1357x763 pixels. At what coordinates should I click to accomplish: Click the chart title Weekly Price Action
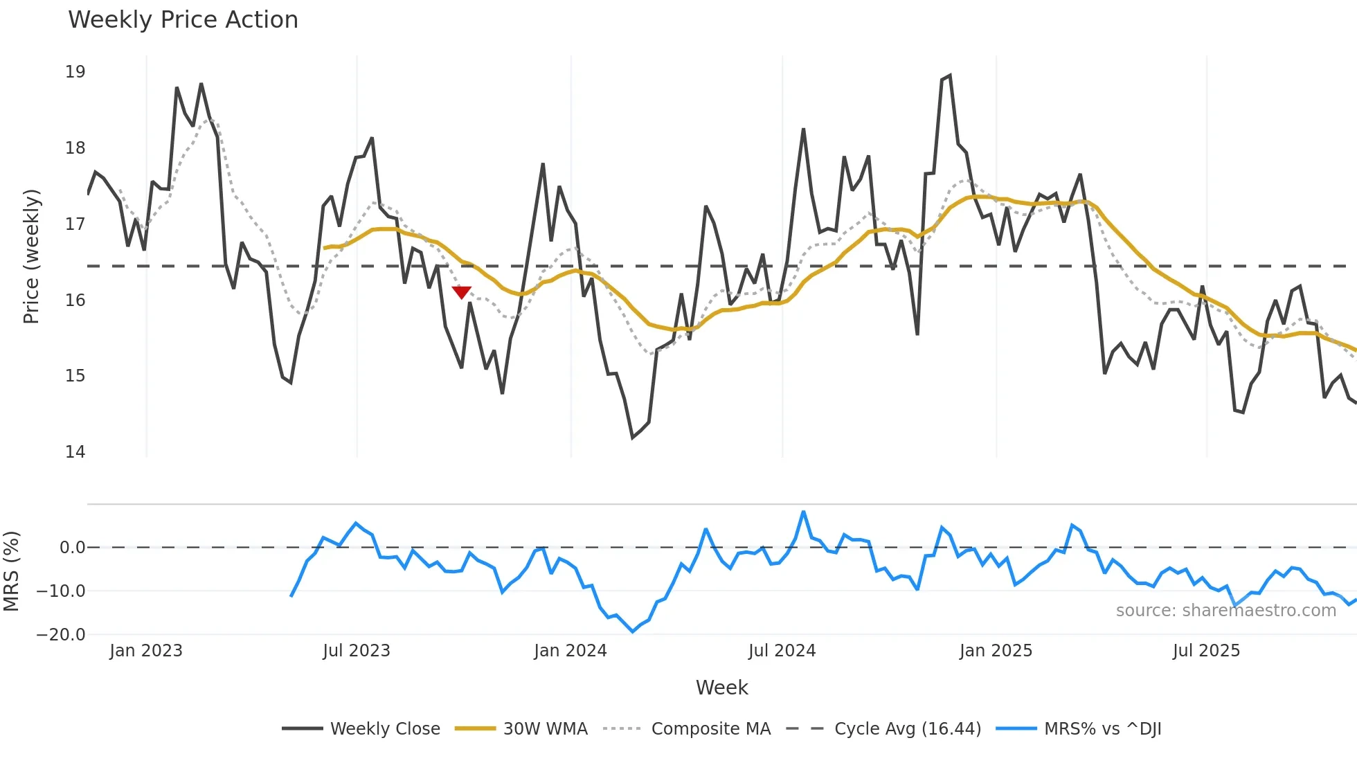pyautogui.click(x=183, y=19)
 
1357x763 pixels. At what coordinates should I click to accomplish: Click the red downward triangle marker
pyautogui.click(x=461, y=292)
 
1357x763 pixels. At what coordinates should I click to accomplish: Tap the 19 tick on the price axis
pyautogui.click(x=75, y=72)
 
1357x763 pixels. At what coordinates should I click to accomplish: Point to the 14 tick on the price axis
pyautogui.click(x=75, y=452)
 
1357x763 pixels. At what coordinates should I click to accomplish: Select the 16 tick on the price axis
pyautogui.click(x=75, y=300)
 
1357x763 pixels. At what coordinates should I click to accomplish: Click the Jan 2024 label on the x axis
pyautogui.click(x=570, y=651)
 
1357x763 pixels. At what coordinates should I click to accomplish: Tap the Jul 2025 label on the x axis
pyautogui.click(x=1206, y=651)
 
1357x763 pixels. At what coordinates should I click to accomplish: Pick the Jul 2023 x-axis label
pyautogui.click(x=357, y=651)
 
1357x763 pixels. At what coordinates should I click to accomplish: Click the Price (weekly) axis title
pyautogui.click(x=31, y=256)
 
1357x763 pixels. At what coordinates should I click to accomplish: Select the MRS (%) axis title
pyautogui.click(x=12, y=571)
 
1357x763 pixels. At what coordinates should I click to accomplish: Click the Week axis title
pyautogui.click(x=721, y=688)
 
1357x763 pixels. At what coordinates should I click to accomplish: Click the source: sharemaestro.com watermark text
pyautogui.click(x=1225, y=611)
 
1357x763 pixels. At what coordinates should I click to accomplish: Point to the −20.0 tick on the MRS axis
pyautogui.click(x=61, y=634)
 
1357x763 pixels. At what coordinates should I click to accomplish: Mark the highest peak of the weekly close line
pyautogui.click(x=949, y=75)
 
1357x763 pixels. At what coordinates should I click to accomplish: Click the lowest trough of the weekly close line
pyautogui.click(x=633, y=438)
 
